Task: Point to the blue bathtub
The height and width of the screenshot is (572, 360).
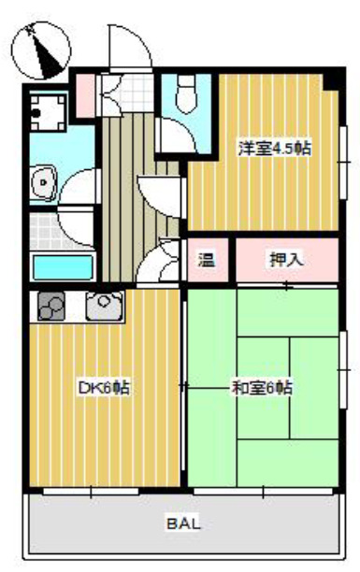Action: click(63, 266)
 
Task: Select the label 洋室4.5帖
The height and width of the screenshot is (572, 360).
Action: click(262, 149)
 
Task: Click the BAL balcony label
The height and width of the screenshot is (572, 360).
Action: click(183, 524)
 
